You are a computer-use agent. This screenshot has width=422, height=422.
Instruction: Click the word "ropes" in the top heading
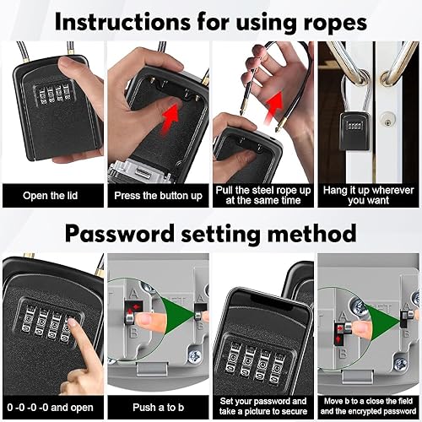coord(335,22)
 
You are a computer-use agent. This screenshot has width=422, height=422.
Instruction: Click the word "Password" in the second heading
coord(120,234)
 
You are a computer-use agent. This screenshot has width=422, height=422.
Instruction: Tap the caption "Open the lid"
coord(50,196)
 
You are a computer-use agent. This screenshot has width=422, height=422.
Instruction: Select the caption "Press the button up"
coord(158,196)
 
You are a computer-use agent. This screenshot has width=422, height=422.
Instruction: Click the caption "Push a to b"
coord(158,407)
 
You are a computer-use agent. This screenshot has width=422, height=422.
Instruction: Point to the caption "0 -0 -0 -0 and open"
coord(50,408)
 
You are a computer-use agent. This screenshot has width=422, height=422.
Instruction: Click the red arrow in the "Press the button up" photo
coord(170,117)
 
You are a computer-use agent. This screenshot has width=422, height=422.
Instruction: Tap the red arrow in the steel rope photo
coord(273,105)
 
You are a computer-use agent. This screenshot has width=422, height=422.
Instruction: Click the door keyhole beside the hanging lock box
coord(387,122)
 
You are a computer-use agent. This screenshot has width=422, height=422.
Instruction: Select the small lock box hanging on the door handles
coord(354,132)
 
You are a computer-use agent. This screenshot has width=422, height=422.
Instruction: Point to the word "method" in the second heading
coord(311,234)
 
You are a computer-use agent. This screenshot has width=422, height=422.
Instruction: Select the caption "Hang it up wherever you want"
coord(368,195)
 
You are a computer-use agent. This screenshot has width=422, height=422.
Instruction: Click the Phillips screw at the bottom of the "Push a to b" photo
coord(194,356)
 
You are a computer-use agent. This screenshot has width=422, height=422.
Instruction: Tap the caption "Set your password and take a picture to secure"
coord(263,406)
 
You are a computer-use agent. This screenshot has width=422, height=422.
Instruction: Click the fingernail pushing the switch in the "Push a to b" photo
coord(143,319)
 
